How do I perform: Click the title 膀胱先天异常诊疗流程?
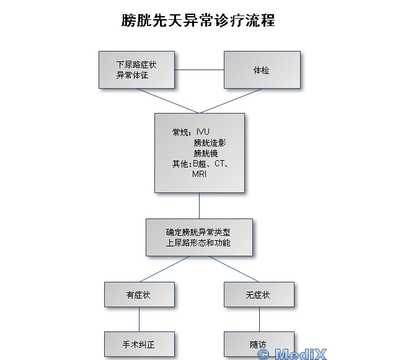click(x=198, y=20)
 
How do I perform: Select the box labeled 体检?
click(x=262, y=70)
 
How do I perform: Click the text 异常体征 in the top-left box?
click(x=132, y=76)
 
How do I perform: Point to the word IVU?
click(x=203, y=132)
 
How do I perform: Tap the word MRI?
click(x=200, y=174)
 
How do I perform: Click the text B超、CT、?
click(x=211, y=164)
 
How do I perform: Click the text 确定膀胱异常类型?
click(x=198, y=232)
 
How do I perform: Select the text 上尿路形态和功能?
click(x=198, y=243)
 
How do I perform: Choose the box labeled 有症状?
click(x=138, y=295)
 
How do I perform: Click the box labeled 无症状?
click(x=258, y=295)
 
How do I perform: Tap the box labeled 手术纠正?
click(x=138, y=343)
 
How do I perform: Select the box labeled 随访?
click(x=258, y=343)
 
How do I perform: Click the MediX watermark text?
click(x=291, y=354)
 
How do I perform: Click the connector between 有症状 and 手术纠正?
click(x=139, y=318)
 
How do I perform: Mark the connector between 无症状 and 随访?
click(x=259, y=318)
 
